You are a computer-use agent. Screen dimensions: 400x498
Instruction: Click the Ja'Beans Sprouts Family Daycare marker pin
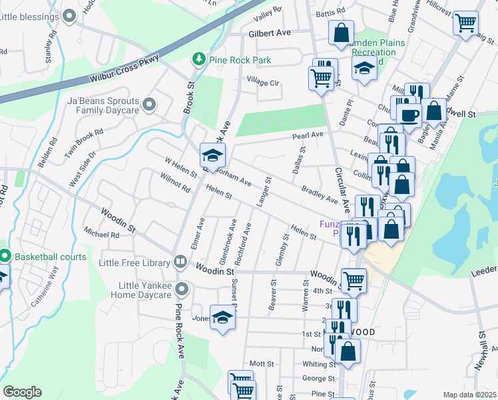click(148, 105)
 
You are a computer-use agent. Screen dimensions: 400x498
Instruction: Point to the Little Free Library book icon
click(179, 263)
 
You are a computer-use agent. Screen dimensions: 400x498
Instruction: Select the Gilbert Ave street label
click(270, 33)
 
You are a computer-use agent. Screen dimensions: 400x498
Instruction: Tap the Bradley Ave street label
click(320, 194)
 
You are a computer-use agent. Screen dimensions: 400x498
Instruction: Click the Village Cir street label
click(262, 82)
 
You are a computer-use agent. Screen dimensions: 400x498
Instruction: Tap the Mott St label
click(262, 363)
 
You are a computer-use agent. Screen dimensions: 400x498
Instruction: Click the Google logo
click(22, 392)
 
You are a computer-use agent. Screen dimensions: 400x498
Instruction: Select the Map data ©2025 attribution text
click(469, 395)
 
